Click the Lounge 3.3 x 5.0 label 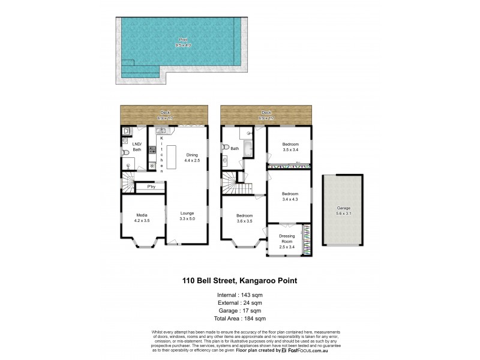[187, 216]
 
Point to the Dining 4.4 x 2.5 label [191, 158]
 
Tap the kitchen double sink [160, 131]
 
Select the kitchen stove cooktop [152, 150]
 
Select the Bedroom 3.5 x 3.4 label [290, 147]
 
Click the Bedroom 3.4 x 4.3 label [290, 197]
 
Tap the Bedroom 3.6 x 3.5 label [244, 218]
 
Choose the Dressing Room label [287, 240]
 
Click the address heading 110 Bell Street [239, 280]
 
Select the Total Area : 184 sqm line [240, 318]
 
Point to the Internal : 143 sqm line [240, 295]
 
